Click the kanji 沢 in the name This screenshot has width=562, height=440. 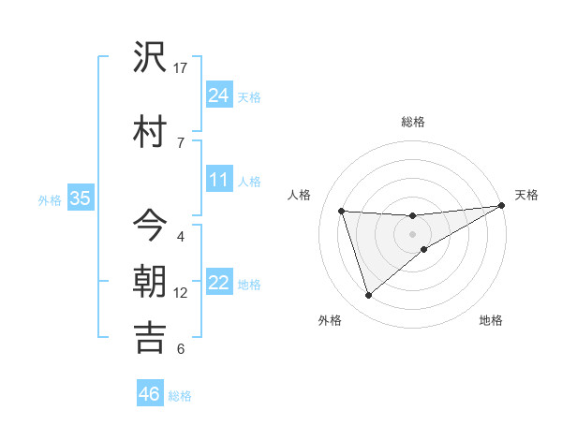[x=150, y=58]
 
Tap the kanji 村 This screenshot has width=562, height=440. [x=150, y=130]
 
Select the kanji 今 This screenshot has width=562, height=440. [x=150, y=224]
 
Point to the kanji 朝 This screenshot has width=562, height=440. [x=150, y=281]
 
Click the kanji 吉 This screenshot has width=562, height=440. [x=150, y=337]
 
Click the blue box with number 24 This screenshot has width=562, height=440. [x=218, y=95]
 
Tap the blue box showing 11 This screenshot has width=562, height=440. [x=218, y=180]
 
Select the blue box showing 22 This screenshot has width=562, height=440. [x=218, y=283]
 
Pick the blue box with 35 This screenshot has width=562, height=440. [x=80, y=198]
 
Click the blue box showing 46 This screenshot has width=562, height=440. [x=150, y=394]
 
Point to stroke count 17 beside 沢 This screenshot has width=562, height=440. [x=181, y=68]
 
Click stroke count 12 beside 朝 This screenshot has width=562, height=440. [x=181, y=293]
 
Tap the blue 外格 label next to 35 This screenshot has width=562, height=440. [x=50, y=199]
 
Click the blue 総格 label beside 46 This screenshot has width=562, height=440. [x=180, y=395]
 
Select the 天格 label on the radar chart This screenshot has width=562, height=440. [x=526, y=195]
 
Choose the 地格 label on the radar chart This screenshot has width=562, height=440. [x=491, y=320]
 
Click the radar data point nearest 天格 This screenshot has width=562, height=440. [x=502, y=206]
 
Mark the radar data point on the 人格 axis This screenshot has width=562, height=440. [x=342, y=212]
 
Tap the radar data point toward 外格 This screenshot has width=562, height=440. [x=368, y=296]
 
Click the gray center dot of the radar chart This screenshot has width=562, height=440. [x=412, y=233]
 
